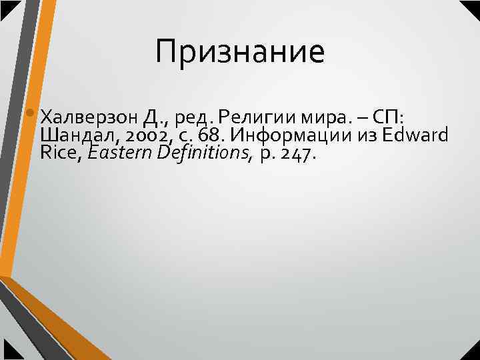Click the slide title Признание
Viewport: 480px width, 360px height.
(x=240, y=52)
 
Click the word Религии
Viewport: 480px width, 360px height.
(x=247, y=119)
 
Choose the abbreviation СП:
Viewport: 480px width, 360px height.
(x=387, y=119)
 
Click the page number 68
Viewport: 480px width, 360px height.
(x=210, y=137)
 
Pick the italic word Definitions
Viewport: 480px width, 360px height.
(x=202, y=154)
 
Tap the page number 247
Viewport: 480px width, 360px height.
(x=300, y=155)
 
